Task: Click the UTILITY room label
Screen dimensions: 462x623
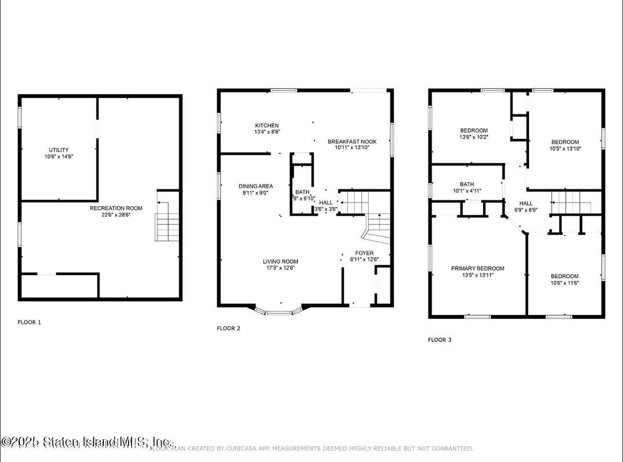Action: [58, 150]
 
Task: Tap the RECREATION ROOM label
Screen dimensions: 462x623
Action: [110, 208]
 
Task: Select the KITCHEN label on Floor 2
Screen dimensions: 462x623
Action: [267, 125]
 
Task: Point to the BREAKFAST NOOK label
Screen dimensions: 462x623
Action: [352, 141]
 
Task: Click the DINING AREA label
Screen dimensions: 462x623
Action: [256, 186]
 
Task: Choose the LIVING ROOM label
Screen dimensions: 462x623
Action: [280, 261]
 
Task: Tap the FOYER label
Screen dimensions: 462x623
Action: [364, 253]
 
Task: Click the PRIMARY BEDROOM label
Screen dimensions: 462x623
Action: [477, 268]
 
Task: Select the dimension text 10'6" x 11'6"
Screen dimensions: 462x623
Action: [564, 283]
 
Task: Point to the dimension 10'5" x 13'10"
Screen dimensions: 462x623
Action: [564, 149]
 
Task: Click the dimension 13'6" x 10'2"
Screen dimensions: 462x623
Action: [474, 137]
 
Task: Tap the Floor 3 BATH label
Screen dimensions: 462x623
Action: [467, 184]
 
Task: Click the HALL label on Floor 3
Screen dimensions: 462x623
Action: [526, 203]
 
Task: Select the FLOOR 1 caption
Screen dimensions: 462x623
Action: [29, 322]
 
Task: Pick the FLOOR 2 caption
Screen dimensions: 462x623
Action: [229, 328]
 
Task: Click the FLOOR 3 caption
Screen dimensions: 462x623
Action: [440, 340]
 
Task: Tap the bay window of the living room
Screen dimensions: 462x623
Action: [279, 311]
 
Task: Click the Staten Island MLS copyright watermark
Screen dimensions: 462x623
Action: [87, 442]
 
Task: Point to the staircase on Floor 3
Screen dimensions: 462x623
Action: [571, 203]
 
